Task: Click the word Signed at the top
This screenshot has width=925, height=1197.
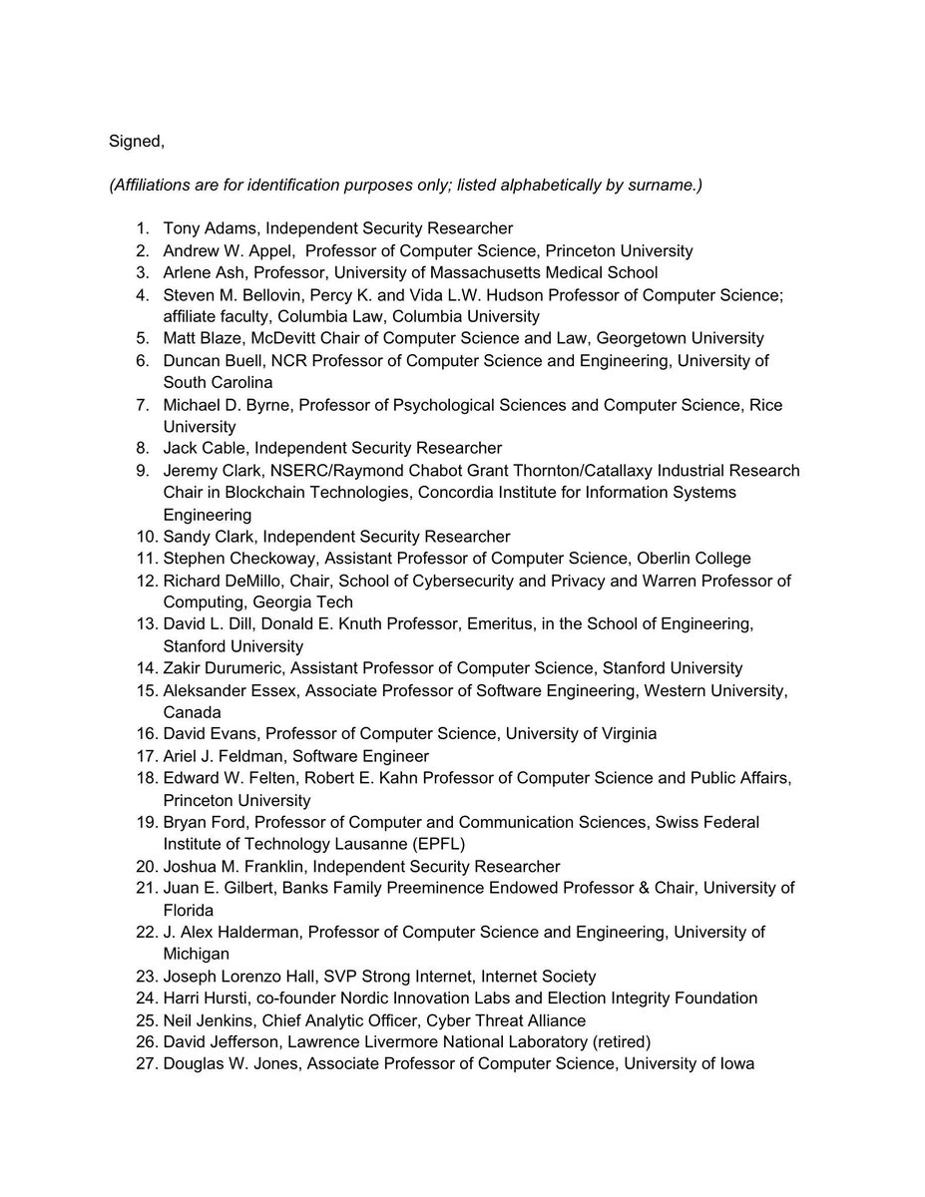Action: (135, 142)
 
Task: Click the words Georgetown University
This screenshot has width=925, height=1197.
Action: (681, 338)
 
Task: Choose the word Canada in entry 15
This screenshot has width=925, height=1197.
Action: (193, 712)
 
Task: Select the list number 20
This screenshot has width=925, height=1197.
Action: (147, 866)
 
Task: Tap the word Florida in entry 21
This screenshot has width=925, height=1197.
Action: (189, 910)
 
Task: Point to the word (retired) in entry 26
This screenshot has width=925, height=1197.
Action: (614, 1041)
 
